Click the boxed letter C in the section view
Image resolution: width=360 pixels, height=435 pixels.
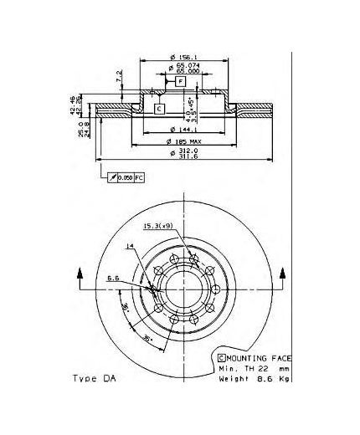[158, 109]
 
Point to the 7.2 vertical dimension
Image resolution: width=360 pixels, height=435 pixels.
[120, 78]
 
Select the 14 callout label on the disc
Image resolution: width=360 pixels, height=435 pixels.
[130, 245]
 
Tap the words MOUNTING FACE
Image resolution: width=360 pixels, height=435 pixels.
[261, 356]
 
